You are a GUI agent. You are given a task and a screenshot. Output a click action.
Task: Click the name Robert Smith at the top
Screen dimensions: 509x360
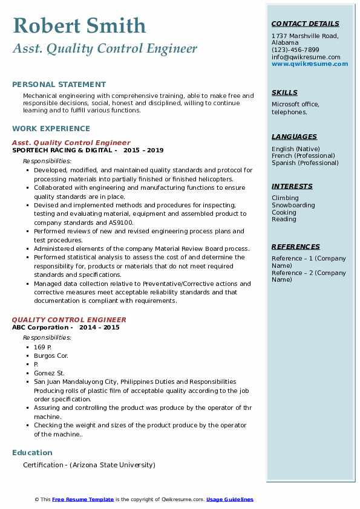pyautogui.click(x=79, y=25)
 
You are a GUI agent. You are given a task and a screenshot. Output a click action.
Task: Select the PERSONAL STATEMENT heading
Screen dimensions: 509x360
pyautogui.click(x=59, y=85)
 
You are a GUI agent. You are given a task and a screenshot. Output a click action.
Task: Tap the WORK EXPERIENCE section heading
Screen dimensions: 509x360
pyautogui.click(x=51, y=128)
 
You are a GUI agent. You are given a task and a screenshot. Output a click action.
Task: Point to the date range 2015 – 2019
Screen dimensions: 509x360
pyautogui.click(x=143, y=150)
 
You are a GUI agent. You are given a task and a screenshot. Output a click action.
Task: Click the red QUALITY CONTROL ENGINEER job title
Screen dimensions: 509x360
pyautogui.click(x=69, y=320)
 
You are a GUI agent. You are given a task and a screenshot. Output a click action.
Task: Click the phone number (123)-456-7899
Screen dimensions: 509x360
pyautogui.click(x=295, y=50)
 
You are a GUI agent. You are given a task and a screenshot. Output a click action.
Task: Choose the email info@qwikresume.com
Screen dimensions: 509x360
pyautogui.click(x=306, y=57)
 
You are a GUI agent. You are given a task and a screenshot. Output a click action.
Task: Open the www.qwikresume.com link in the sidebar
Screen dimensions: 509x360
pyautogui.click(x=310, y=64)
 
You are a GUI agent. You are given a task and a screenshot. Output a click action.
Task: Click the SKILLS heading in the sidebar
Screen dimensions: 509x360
pyautogui.click(x=284, y=92)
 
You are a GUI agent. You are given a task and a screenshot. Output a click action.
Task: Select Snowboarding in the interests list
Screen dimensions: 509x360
pyautogui.click(x=293, y=205)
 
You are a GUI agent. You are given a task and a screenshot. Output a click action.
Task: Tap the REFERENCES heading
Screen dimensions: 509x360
pyautogui.click(x=296, y=247)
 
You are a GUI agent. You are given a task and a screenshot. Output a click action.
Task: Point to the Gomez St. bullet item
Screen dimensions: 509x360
pyautogui.click(x=49, y=373)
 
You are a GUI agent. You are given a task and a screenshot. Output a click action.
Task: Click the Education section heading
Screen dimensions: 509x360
pyautogui.click(x=32, y=452)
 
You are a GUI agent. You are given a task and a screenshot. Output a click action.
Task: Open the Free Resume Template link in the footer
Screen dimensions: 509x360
pyautogui.click(x=83, y=499)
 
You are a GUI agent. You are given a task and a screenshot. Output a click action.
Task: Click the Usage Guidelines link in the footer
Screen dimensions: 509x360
pyautogui.click(x=229, y=499)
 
